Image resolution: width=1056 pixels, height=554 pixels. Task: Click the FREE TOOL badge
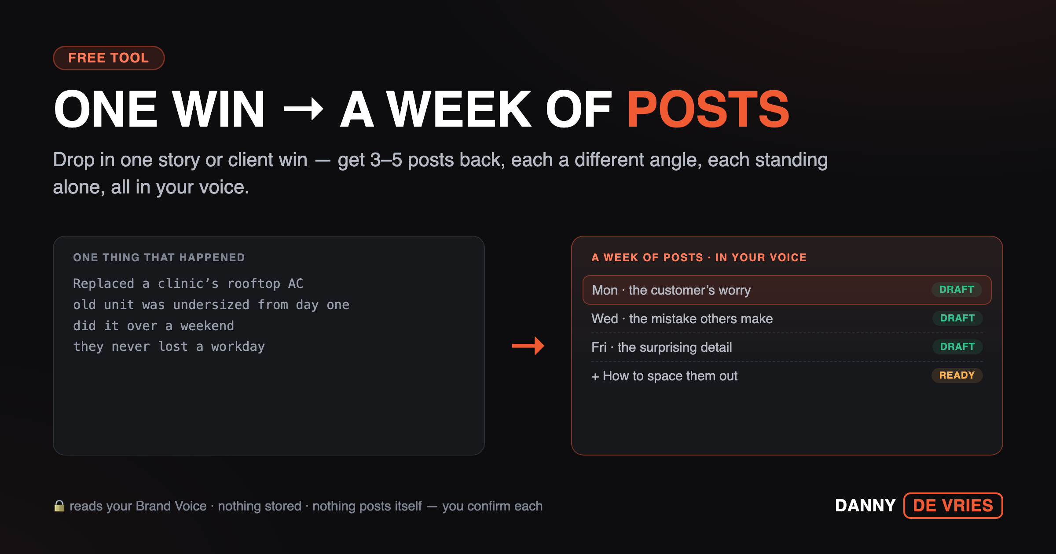[109, 58]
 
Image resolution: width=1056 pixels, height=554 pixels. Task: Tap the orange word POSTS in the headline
[708, 109]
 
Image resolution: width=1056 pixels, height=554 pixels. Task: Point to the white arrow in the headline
[304, 108]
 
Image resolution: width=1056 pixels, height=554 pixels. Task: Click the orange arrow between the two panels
[528, 346]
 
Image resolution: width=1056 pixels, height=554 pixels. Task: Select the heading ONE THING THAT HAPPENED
[159, 258]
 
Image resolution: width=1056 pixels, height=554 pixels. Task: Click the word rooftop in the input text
[254, 284]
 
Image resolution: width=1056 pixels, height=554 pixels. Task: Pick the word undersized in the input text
[211, 305]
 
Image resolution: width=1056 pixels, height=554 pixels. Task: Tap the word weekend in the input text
[207, 326]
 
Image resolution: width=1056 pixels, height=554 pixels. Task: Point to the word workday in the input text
[238, 347]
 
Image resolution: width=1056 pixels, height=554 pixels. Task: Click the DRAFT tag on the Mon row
[957, 290]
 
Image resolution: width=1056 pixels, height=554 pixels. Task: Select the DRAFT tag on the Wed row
[957, 318]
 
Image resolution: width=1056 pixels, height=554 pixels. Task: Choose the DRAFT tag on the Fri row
[957, 347]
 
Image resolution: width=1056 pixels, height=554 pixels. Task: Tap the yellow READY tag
[957, 375]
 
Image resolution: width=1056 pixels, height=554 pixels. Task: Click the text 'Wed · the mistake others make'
[682, 319]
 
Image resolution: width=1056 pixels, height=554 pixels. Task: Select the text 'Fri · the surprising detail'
[662, 347]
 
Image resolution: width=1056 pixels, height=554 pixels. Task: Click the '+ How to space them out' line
[664, 376]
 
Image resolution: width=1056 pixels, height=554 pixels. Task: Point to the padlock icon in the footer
[59, 506]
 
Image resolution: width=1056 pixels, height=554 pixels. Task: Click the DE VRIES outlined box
[953, 506]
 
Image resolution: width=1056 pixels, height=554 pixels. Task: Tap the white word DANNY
[865, 506]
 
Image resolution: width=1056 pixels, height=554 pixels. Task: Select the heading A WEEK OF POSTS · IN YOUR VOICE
[699, 258]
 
